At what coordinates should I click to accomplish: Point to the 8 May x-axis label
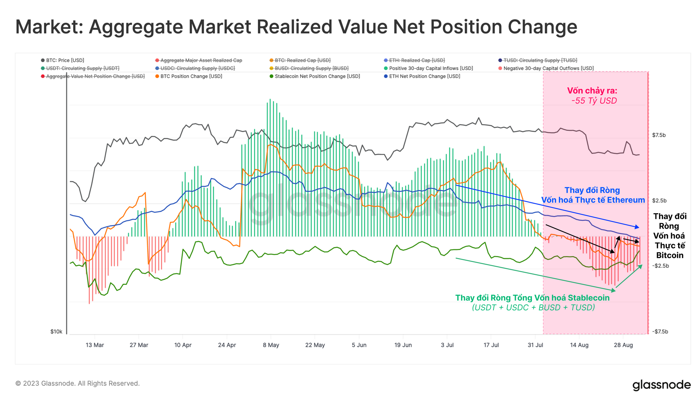271,345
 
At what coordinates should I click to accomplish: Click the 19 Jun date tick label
403,345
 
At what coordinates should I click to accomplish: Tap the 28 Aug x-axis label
623,345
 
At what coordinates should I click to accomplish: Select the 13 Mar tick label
95,345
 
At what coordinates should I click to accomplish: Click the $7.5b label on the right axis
659,135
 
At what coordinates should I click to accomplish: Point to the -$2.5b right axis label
660,266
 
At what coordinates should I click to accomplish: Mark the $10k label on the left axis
56,332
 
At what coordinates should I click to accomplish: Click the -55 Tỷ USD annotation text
594,101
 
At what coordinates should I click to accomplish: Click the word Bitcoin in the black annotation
669,255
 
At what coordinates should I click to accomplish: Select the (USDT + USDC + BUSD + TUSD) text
533,307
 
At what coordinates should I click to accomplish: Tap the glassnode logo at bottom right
661,385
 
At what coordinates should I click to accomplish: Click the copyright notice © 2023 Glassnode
77,383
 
